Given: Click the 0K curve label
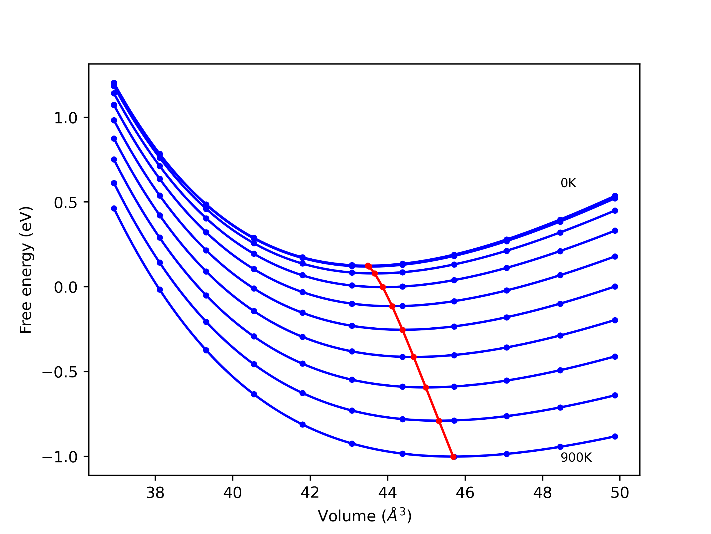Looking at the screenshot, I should tap(568, 183).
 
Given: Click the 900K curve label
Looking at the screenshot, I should tap(576, 458).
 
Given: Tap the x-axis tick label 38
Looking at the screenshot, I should tap(155, 493).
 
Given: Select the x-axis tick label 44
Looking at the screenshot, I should tap(388, 493).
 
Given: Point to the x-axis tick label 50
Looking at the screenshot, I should tap(620, 493).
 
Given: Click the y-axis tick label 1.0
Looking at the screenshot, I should tap(66, 118).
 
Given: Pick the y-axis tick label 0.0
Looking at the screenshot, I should tap(66, 287).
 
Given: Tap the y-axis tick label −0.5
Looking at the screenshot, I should tap(60, 372).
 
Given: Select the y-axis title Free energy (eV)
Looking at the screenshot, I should tap(26, 270).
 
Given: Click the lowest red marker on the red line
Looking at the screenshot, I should tap(454, 457).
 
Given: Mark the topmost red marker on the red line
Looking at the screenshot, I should tap(368, 266).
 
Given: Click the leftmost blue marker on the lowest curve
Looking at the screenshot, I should tap(114, 209).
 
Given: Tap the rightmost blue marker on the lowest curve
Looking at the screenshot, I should tap(615, 436).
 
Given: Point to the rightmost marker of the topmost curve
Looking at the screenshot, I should tap(615, 196).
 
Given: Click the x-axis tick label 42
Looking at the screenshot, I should tap(310, 493).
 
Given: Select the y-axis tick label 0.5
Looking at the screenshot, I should tap(66, 203).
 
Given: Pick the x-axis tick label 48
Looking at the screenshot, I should tap(543, 493).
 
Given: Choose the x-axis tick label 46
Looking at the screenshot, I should tap(465, 493).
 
